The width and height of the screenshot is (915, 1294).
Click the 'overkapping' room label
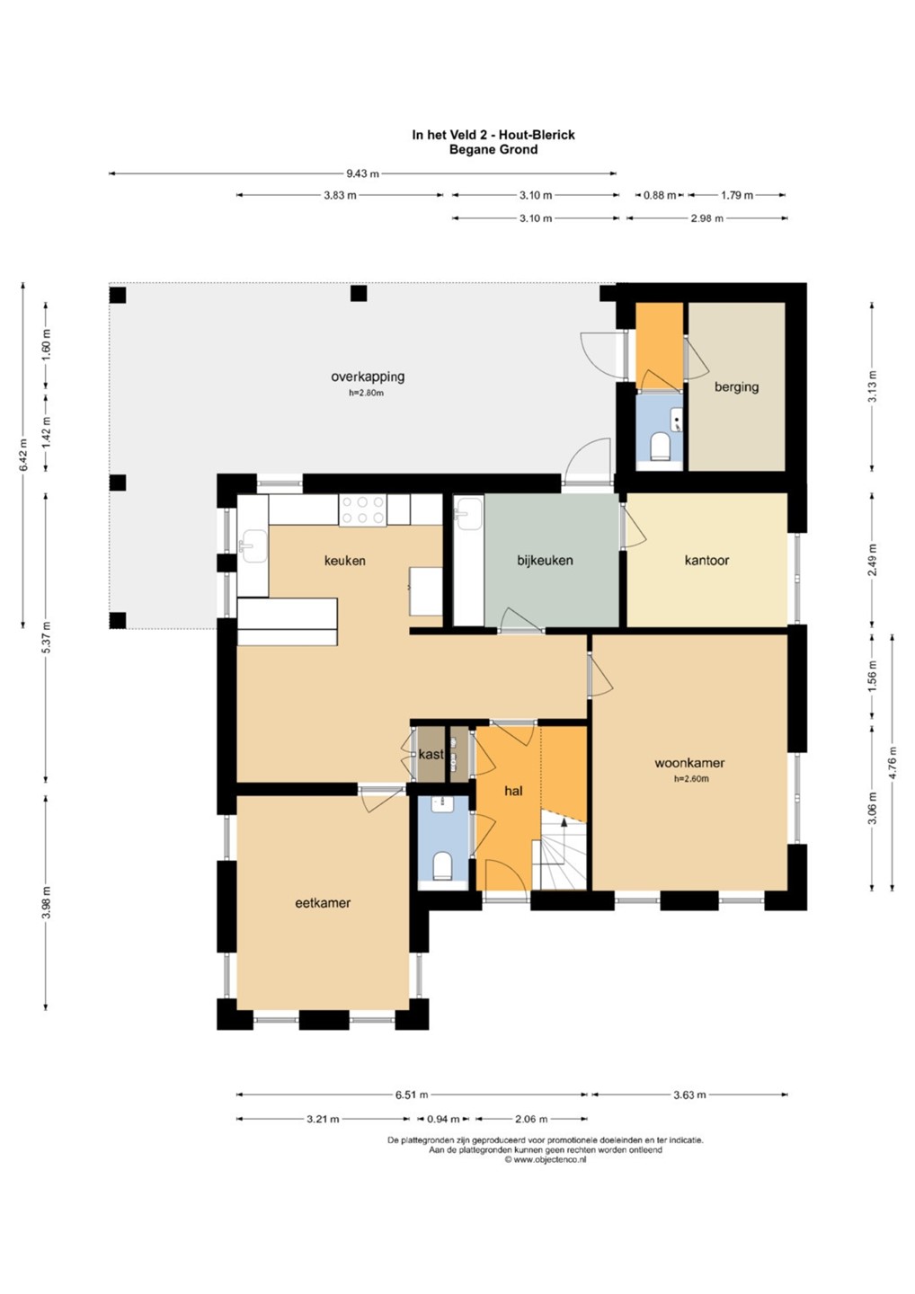point(368,377)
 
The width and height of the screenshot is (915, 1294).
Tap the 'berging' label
point(736,387)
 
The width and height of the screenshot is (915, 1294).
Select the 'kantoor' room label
point(706,560)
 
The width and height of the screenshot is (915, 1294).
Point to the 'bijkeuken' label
point(545,560)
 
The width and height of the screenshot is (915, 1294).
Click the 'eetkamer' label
point(323,902)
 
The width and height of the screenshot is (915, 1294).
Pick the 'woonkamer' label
point(689,763)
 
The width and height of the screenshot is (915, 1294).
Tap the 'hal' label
point(513,791)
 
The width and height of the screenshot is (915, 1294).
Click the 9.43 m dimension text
point(362,173)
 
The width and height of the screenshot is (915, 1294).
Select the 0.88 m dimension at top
point(659,195)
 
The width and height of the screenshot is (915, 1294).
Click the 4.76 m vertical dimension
point(893,763)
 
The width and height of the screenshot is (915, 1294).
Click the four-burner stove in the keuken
point(363,510)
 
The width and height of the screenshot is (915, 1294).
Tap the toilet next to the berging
point(659,447)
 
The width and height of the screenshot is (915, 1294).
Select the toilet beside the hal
point(442,865)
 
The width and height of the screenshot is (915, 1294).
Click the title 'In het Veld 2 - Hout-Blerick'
point(493,135)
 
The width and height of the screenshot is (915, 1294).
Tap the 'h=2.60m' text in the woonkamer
point(691,779)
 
